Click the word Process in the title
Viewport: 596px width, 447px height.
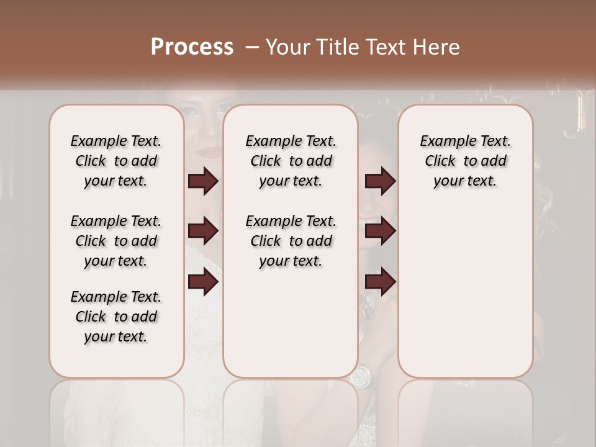tap(192, 47)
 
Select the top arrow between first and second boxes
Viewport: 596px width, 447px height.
tap(203, 181)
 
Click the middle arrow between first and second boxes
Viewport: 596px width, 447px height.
tap(203, 232)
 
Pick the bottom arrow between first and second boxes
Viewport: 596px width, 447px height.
tap(203, 282)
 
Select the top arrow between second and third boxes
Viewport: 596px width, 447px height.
tap(380, 181)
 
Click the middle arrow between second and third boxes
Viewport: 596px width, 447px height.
tap(380, 232)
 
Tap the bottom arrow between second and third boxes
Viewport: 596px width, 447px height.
tap(380, 282)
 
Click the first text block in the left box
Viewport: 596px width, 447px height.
tap(116, 161)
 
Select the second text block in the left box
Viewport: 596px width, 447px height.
tap(116, 241)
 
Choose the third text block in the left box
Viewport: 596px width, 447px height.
tap(116, 317)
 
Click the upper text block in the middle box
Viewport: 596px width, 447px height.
tap(291, 161)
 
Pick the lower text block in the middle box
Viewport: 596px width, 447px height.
tap(291, 241)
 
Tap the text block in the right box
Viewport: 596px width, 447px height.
tap(465, 161)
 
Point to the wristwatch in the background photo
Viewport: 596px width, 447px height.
tap(360, 376)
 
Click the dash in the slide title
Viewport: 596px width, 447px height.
tap(252, 47)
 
